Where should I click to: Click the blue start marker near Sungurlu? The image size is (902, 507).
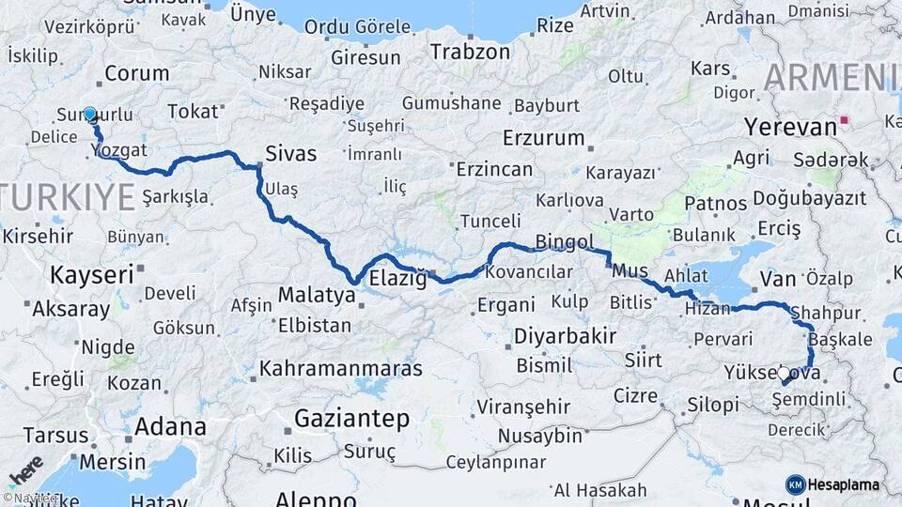coord(90,114)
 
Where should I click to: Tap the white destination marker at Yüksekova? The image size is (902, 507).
coord(784,374)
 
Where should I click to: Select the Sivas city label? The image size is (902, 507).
coord(291,153)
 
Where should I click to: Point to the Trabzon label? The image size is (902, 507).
coord(471,51)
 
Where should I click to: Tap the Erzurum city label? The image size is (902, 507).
coord(544,138)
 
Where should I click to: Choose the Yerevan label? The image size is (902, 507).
coord(790,127)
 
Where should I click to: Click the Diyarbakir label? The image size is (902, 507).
coord(565,336)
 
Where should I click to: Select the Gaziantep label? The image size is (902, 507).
coord(353,417)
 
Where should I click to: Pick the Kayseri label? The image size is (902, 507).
coord(91,275)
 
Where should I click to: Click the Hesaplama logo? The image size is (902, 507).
coord(832,484)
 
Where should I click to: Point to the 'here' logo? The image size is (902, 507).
coord(25,470)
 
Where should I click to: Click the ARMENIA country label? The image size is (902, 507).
coord(832,77)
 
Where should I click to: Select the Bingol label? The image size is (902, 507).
coord(565,243)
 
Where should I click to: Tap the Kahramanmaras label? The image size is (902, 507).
coord(341,368)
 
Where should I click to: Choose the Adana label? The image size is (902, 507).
coord(170,427)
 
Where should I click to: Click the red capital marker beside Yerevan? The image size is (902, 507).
coord(845,120)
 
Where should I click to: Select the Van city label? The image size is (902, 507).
coord(778,278)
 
